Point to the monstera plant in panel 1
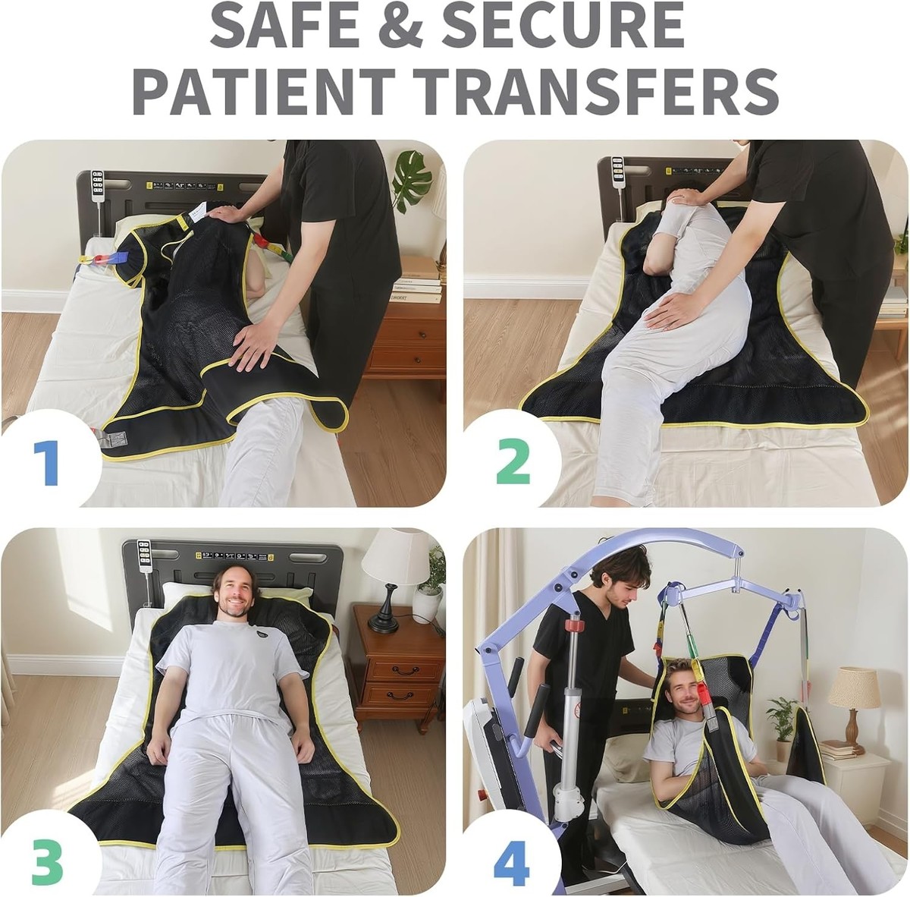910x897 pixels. (x=413, y=180)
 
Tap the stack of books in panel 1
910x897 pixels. (x=416, y=279)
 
